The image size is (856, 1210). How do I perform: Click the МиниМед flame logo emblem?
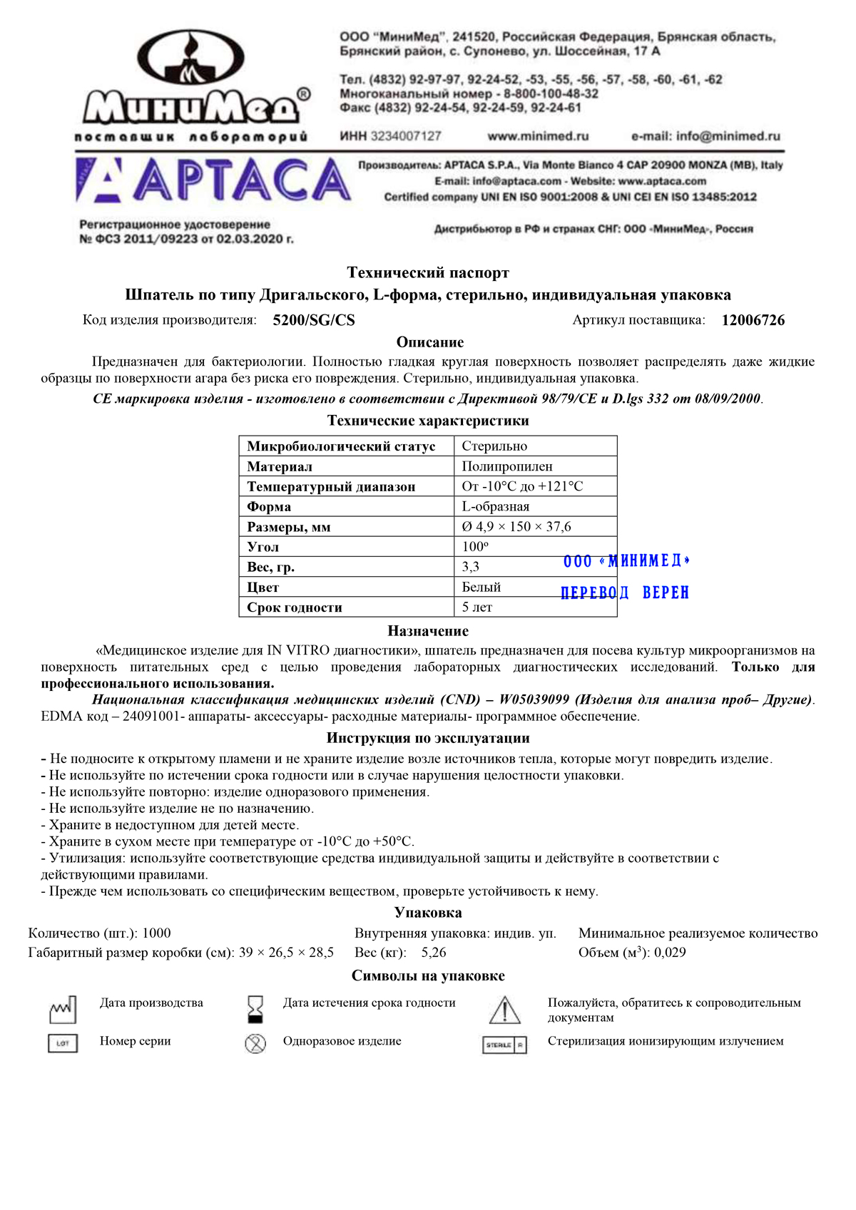190,60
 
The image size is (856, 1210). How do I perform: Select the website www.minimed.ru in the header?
538,136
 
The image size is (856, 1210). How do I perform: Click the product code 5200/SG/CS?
314,320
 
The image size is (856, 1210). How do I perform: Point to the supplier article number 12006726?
753,320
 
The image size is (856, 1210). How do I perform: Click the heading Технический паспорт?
428,272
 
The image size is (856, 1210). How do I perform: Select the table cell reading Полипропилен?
507,466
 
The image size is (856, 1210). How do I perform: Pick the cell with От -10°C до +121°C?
522,486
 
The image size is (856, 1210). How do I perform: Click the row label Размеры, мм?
289,527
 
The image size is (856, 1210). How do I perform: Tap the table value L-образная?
496,506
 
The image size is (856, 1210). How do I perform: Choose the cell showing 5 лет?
477,607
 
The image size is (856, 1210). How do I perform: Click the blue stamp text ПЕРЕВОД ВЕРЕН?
625,593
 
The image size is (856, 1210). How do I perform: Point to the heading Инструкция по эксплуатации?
428,738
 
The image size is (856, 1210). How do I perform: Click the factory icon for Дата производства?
63,1010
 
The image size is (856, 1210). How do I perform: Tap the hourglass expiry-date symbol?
255,1010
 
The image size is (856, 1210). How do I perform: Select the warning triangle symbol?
504,1010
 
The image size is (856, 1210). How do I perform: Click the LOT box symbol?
63,1044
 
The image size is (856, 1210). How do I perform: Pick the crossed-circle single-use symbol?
255,1044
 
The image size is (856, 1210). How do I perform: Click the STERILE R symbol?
504,1045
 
